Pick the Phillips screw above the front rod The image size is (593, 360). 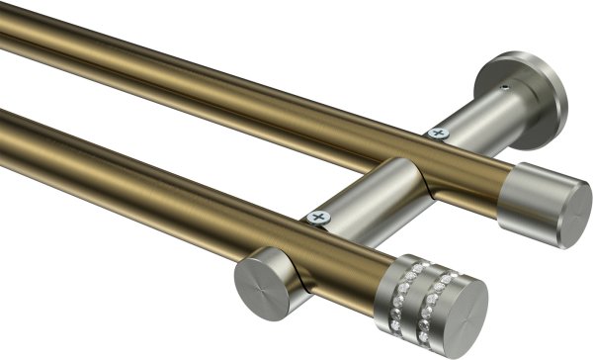pyautogui.click(x=317, y=217)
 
